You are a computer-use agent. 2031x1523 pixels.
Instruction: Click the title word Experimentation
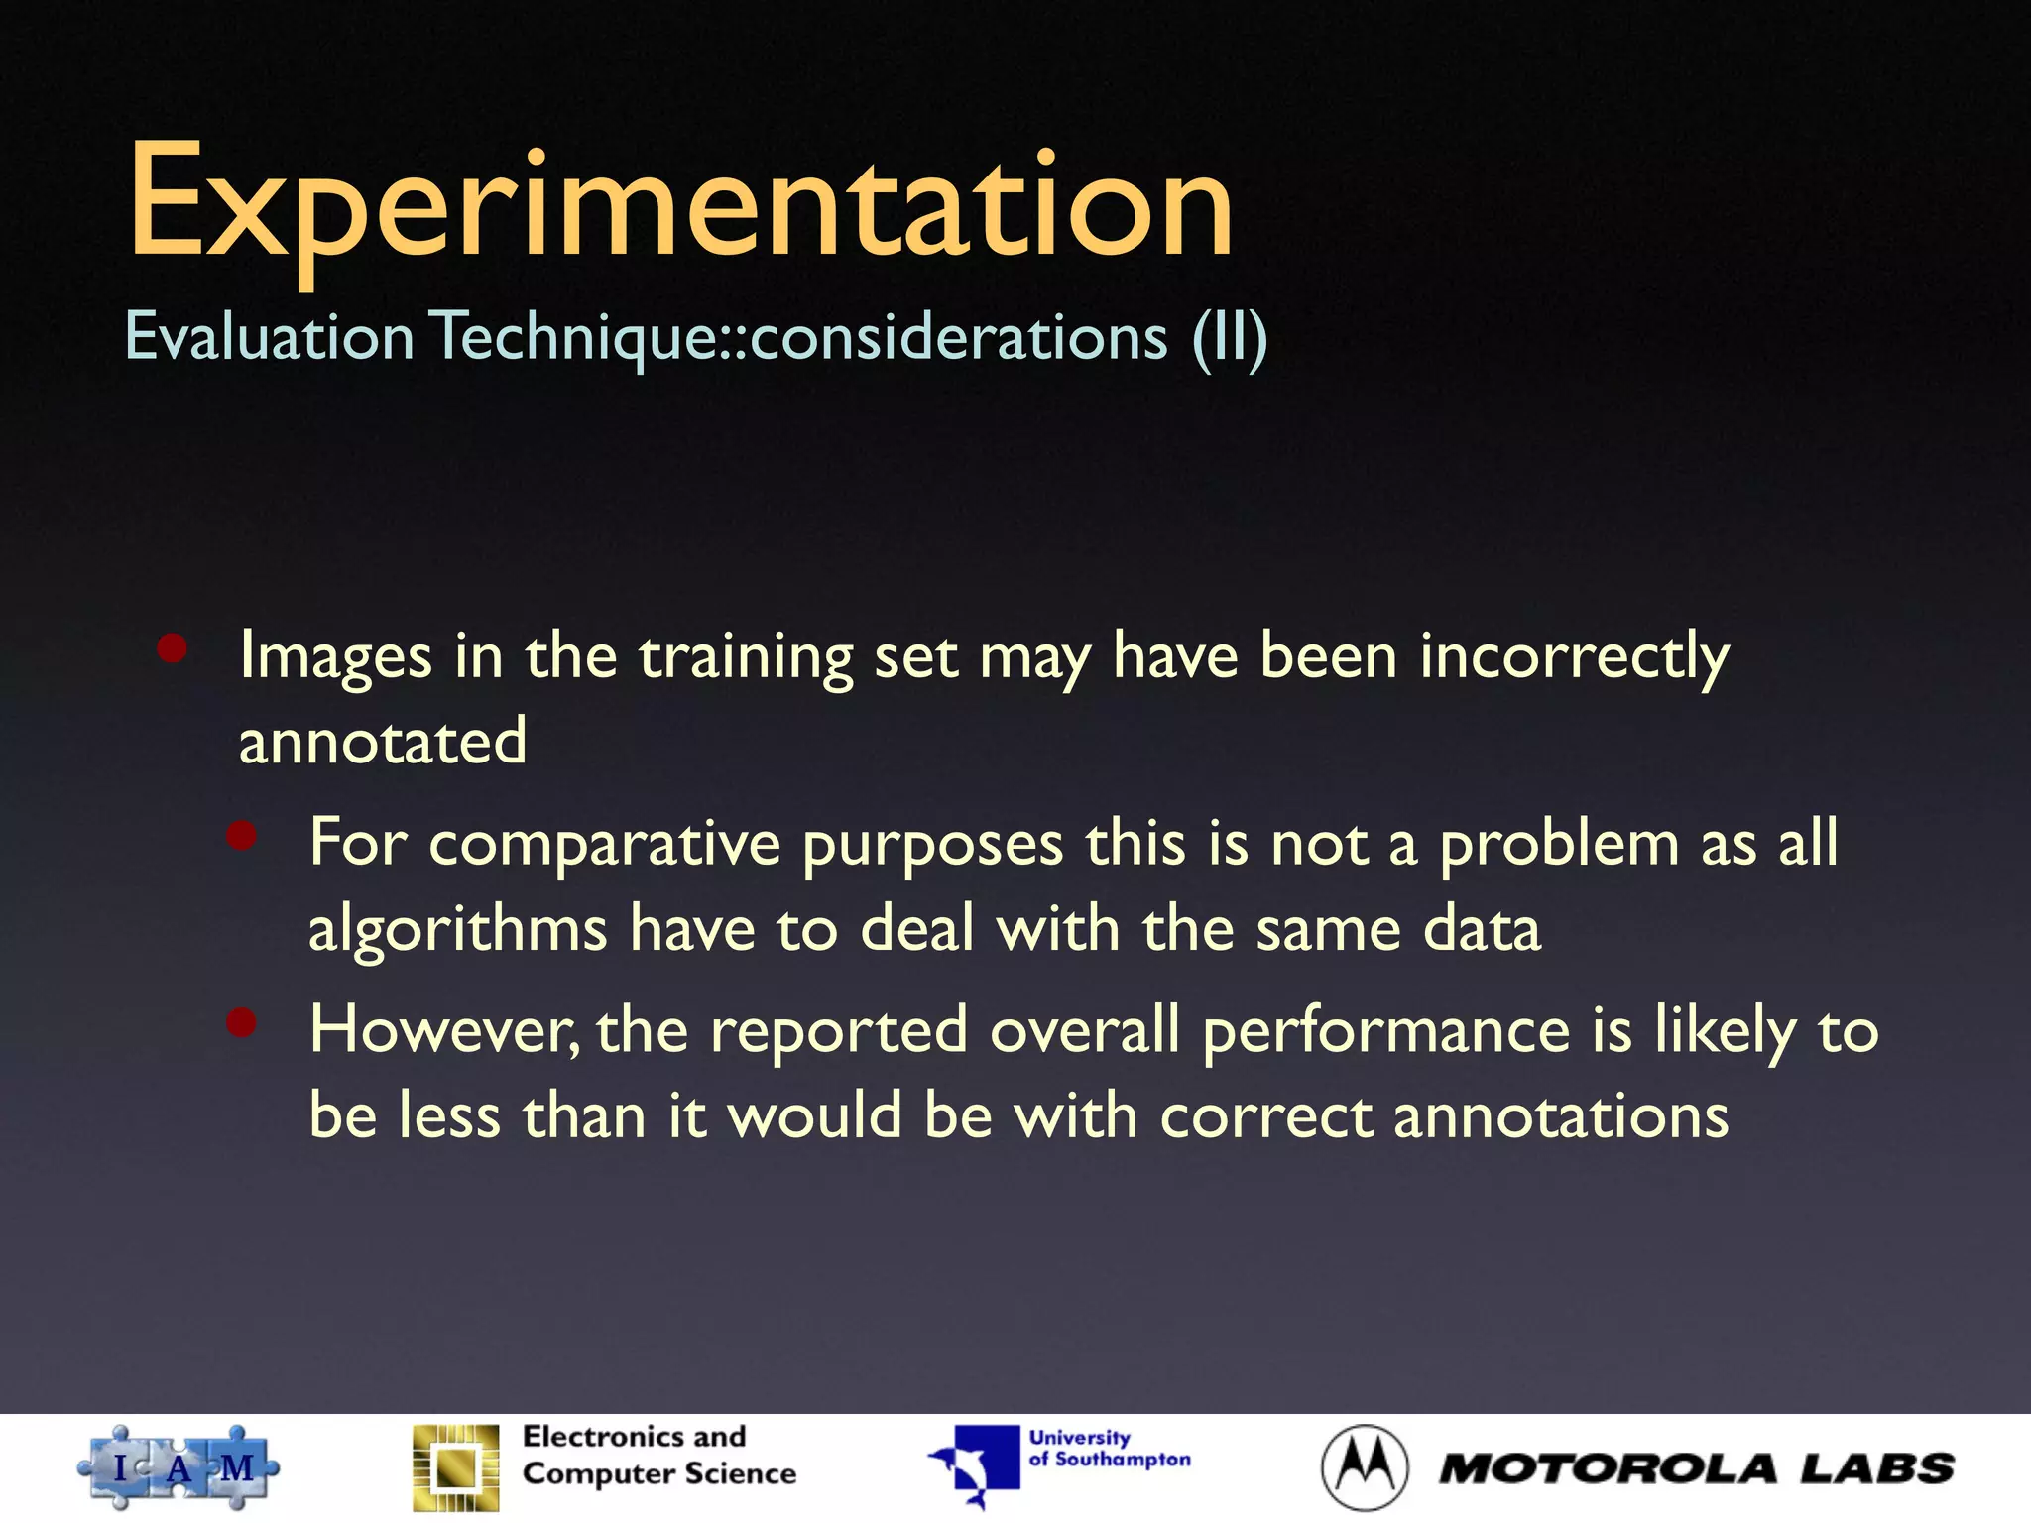pyautogui.click(x=680, y=203)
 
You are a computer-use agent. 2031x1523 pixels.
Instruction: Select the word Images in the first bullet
pyautogui.click(x=335, y=656)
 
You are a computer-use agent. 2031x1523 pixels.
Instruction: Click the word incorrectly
pyautogui.click(x=1574, y=656)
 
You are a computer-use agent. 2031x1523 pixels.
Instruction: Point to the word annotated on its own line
pyautogui.click(x=382, y=742)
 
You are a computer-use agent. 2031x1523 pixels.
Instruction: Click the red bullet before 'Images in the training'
pyautogui.click(x=173, y=649)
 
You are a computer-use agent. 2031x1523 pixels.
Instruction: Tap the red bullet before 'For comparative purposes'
pyautogui.click(x=242, y=836)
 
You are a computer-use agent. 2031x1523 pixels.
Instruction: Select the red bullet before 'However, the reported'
pyautogui.click(x=242, y=1022)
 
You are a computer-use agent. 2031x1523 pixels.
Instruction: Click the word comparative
pyautogui.click(x=604, y=844)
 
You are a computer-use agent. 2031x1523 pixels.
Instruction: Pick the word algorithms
pyautogui.click(x=457, y=930)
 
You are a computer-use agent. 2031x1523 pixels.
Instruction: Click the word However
pyautogui.click(x=443, y=1030)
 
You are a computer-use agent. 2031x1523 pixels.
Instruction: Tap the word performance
pyautogui.click(x=1386, y=1030)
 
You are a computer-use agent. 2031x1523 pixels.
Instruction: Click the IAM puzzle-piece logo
pyautogui.click(x=179, y=1468)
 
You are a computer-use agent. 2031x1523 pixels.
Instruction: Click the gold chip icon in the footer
pyautogui.click(x=456, y=1468)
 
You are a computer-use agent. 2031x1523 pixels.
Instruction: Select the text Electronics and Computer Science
pyautogui.click(x=658, y=1456)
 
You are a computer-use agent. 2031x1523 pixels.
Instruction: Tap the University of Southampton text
pyautogui.click(x=1109, y=1449)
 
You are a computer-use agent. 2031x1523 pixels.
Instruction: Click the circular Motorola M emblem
pyautogui.click(x=1364, y=1468)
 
